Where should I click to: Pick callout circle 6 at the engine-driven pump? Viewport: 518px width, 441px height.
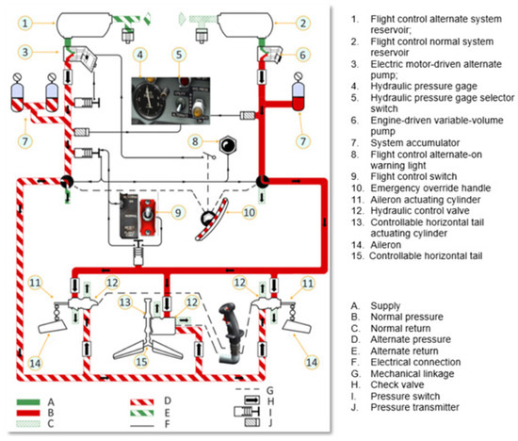303,54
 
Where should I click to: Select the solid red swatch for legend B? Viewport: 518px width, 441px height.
30,414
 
